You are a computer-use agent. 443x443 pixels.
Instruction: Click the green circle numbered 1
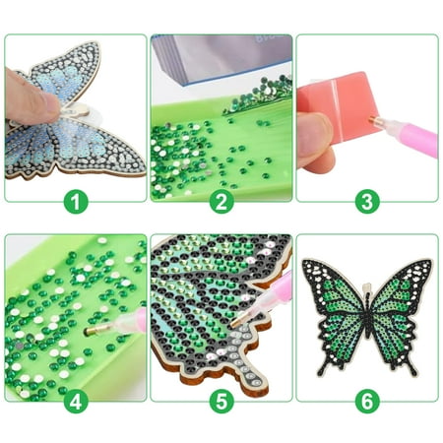coord(76,202)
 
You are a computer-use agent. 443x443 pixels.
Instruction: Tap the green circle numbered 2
coord(221,202)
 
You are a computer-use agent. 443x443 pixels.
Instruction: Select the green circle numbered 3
coord(367,202)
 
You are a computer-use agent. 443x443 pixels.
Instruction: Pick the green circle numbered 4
coord(76,401)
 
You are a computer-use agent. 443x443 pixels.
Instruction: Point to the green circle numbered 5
coord(221,401)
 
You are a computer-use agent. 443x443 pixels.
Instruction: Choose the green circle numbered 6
coord(367,401)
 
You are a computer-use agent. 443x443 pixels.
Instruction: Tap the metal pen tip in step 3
coord(374,119)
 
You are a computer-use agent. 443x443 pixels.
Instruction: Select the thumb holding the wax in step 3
coord(315,138)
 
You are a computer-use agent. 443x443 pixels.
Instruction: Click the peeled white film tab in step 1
coord(78,110)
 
